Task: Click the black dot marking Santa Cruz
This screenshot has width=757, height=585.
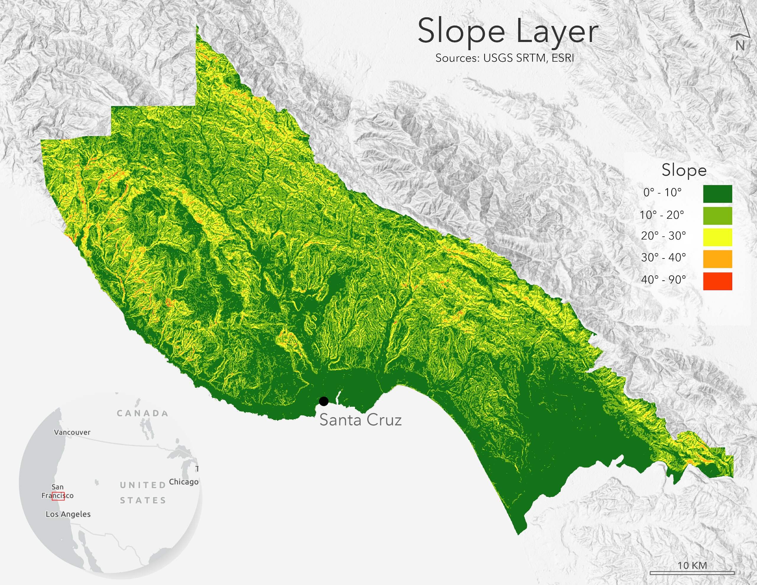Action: pyautogui.click(x=324, y=401)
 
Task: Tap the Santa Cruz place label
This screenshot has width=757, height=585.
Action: pyautogui.click(x=360, y=420)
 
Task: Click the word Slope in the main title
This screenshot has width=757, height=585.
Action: pyautogui.click(x=461, y=32)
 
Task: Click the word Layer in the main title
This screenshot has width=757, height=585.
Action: pyautogui.click(x=557, y=32)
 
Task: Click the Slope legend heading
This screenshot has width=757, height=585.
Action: pyautogui.click(x=684, y=170)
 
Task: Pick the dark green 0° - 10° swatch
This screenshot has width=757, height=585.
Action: pyautogui.click(x=717, y=194)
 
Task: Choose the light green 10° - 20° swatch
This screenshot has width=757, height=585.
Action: pyautogui.click(x=717, y=216)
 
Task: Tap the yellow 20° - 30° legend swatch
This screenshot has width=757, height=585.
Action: pyautogui.click(x=717, y=237)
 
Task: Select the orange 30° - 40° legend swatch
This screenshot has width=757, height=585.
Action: pyautogui.click(x=717, y=259)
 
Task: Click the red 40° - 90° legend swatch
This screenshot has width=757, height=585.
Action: pyautogui.click(x=717, y=281)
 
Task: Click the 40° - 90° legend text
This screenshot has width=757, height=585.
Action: pyautogui.click(x=663, y=279)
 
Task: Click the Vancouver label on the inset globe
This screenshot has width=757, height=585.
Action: pyautogui.click(x=72, y=432)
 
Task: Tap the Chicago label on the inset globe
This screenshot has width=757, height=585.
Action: pyautogui.click(x=184, y=482)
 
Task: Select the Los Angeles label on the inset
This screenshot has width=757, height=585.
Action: pyautogui.click(x=68, y=514)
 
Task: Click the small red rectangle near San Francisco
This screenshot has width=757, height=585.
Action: pyautogui.click(x=58, y=496)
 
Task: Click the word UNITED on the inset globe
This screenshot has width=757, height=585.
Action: pyautogui.click(x=143, y=485)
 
